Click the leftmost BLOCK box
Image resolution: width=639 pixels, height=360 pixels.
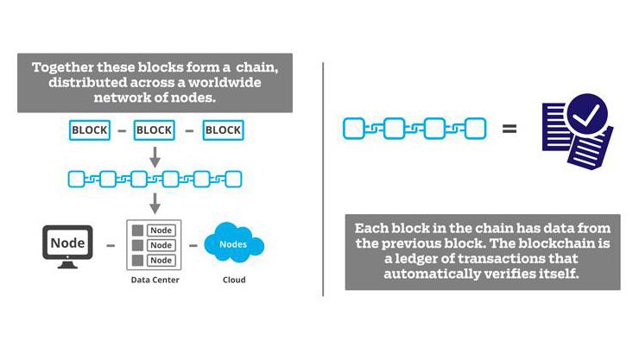[x=90, y=130]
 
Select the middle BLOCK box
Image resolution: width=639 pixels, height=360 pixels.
[x=154, y=130]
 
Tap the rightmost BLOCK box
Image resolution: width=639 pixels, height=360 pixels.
[x=223, y=130]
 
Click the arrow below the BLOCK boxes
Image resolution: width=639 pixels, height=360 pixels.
[x=155, y=157]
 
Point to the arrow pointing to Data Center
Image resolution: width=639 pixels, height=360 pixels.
[x=155, y=203]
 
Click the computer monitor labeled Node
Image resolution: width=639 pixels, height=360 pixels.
[x=67, y=247]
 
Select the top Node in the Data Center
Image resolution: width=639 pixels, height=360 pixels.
[x=161, y=231]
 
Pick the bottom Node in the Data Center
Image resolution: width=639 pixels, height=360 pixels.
[x=161, y=260]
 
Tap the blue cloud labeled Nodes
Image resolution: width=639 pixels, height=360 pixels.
[x=234, y=243]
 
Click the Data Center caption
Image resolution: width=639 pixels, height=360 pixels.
[x=155, y=280]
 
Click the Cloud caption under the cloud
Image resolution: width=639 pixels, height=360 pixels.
[x=234, y=280]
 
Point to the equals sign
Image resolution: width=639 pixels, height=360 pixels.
[x=509, y=129]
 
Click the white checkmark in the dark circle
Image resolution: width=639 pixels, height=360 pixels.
[x=586, y=115]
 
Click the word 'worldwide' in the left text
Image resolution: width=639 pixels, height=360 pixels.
[x=225, y=82]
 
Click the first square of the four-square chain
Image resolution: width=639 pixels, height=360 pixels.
[x=354, y=129]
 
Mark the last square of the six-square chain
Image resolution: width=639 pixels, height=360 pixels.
[x=233, y=180]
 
